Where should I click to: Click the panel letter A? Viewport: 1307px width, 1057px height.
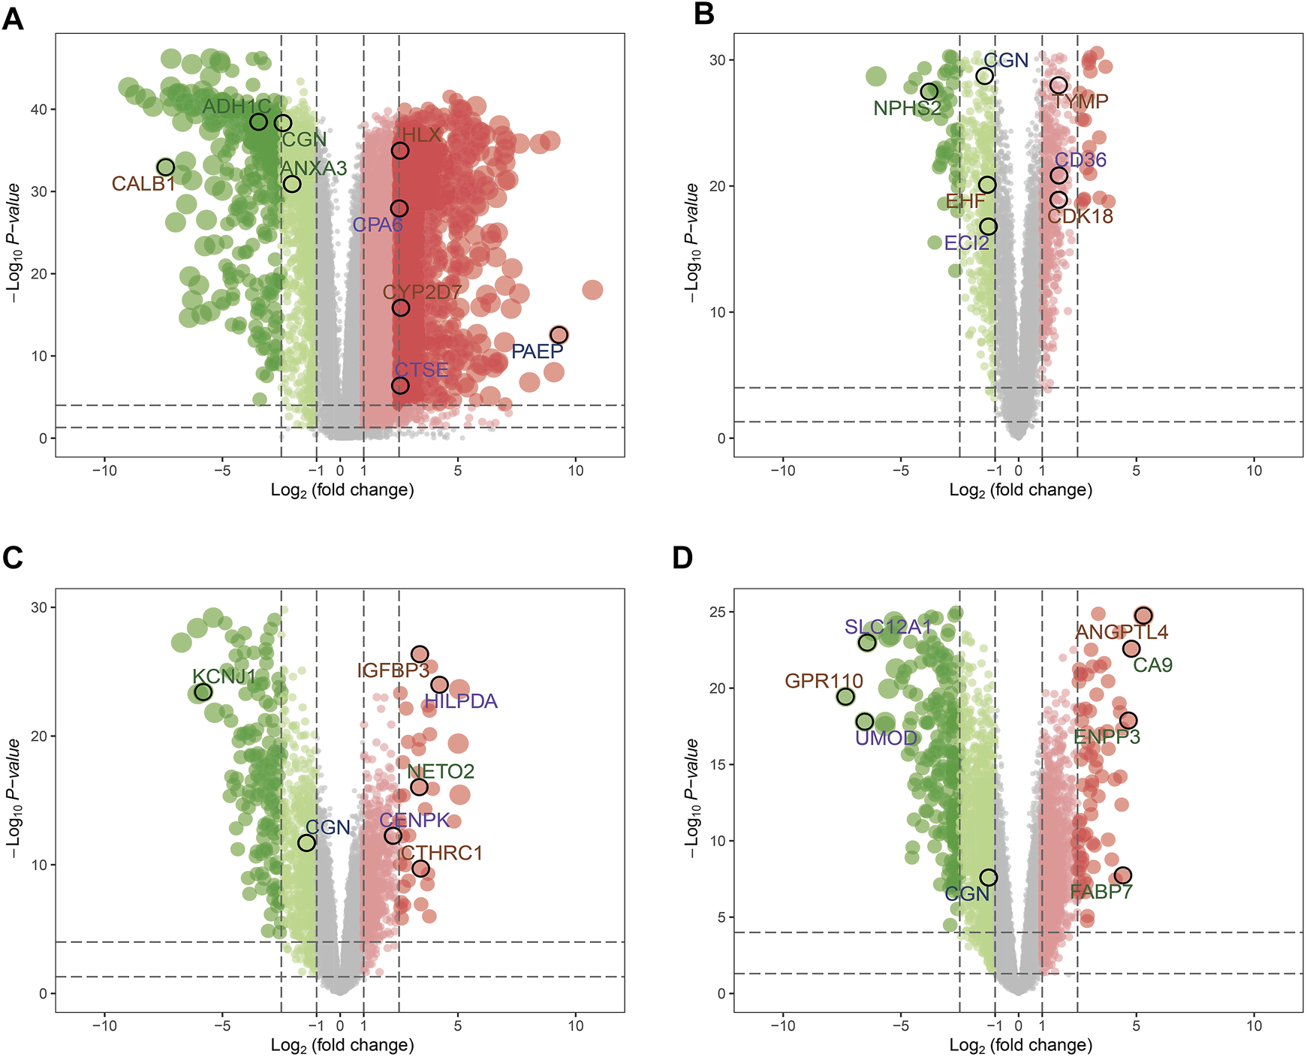pos(13,18)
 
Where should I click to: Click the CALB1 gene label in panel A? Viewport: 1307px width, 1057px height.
pos(143,184)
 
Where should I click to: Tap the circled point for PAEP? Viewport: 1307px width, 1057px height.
pos(559,335)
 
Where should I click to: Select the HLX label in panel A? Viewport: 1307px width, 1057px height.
pos(421,135)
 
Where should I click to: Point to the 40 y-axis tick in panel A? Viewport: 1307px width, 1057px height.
pos(38,110)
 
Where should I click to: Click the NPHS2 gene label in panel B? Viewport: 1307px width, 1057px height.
pos(907,109)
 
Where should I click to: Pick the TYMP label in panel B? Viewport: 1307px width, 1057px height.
pos(1080,101)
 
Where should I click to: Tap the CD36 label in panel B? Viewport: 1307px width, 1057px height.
pos(1080,160)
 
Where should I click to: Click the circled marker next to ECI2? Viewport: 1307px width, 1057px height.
pos(988,227)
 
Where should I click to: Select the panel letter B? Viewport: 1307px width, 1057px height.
pos(704,14)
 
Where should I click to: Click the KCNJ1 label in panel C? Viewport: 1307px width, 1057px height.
pos(224,676)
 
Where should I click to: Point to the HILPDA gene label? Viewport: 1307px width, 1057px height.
pos(461,702)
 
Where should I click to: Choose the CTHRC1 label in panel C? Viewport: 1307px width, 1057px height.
pos(441,853)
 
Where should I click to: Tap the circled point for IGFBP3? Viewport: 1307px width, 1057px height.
pos(420,655)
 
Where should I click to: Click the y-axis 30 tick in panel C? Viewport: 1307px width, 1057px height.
pos(38,607)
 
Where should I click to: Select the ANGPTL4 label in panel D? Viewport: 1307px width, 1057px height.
pos(1122,633)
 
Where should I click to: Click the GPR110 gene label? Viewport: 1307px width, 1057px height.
pos(824,681)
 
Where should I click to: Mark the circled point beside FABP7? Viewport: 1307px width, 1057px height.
pos(1122,875)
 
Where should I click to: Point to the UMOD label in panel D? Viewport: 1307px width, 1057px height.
pos(886,738)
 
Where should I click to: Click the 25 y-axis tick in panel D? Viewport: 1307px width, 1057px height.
pos(717,612)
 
